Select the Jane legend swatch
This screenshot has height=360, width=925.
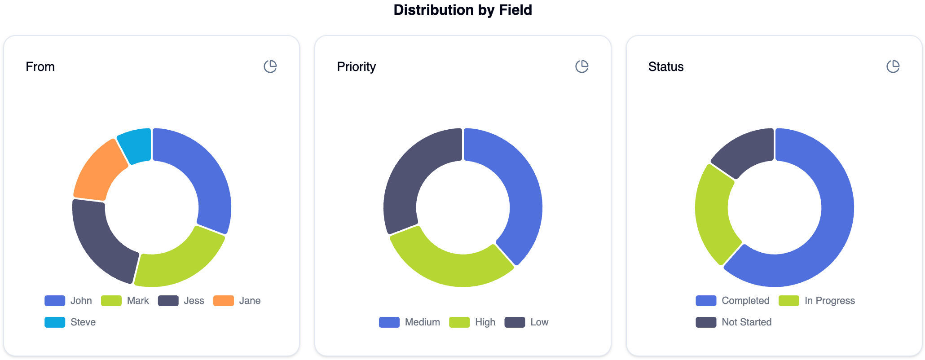[223, 301]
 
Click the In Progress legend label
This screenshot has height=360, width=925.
[829, 301]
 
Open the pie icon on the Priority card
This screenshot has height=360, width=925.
[581, 66]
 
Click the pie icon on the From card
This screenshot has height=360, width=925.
[270, 66]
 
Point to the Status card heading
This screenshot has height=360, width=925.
[665, 67]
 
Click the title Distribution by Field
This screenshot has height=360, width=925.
[462, 10]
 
